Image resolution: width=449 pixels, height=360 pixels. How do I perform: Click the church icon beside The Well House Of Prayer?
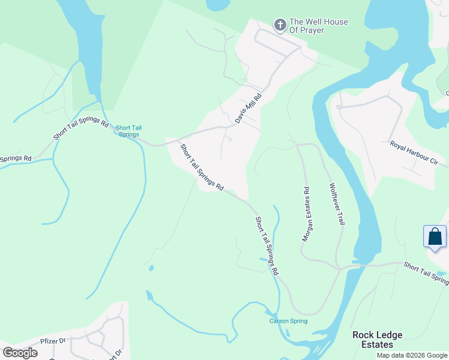click(x=280, y=25)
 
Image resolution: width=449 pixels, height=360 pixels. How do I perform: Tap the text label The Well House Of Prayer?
click(x=319, y=26)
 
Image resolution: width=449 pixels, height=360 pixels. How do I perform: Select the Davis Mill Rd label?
click(x=249, y=108)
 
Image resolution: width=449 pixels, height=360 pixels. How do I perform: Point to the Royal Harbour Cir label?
click(x=414, y=154)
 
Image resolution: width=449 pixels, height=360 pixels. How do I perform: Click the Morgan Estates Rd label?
click(x=306, y=214)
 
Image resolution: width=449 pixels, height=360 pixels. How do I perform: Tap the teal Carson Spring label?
click(x=288, y=321)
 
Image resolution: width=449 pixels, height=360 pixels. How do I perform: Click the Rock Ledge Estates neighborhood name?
click(x=377, y=340)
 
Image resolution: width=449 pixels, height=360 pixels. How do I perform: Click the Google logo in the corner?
click(x=20, y=353)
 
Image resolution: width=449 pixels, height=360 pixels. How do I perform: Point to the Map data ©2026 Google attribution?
click(x=412, y=355)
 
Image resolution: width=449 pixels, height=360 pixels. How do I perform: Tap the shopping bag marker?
click(x=435, y=236)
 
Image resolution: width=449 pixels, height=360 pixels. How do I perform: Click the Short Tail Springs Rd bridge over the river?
click(x=360, y=264)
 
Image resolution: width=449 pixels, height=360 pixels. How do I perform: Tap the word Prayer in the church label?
click(x=334, y=30)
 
